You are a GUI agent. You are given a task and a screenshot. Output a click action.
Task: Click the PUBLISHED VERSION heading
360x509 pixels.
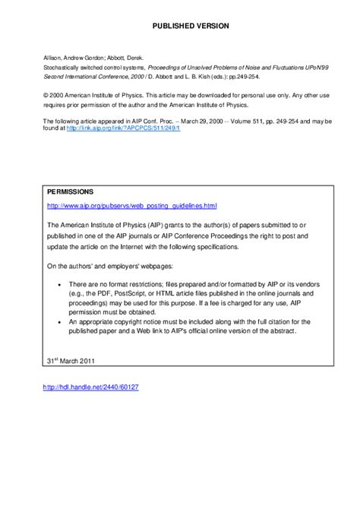coord(180,26)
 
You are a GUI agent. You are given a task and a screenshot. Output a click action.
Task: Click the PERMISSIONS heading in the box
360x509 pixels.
coord(71,191)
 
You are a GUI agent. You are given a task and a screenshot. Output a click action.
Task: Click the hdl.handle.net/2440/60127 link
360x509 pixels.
coord(92,387)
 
